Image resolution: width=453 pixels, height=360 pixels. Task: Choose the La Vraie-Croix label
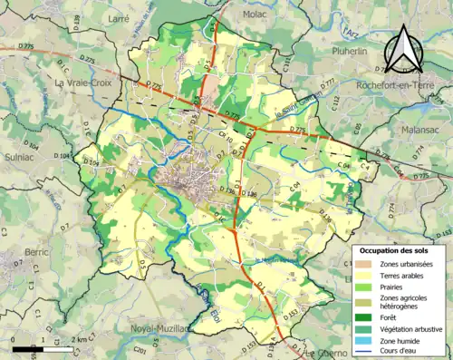(82, 83)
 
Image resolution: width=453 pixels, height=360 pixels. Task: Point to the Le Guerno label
(326, 353)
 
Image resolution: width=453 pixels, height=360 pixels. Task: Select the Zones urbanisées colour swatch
(364, 263)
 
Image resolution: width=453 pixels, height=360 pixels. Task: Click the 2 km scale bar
(36, 347)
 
